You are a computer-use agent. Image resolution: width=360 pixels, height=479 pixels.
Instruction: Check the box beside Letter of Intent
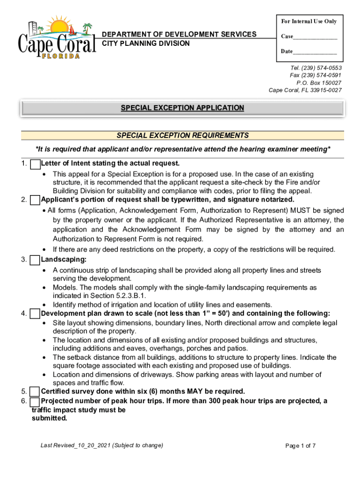click(35, 164)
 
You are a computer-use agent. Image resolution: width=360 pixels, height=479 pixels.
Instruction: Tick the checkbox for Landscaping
click(35, 260)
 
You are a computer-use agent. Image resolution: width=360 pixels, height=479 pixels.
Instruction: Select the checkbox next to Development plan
click(35, 314)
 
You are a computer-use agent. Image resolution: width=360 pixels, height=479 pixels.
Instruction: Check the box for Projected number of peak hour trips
click(35, 402)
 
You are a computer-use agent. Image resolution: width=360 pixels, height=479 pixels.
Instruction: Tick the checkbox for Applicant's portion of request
click(35, 200)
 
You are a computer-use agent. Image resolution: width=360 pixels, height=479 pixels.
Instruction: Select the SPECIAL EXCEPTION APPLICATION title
click(182, 108)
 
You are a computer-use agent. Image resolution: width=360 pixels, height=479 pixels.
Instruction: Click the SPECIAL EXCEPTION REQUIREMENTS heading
click(182, 136)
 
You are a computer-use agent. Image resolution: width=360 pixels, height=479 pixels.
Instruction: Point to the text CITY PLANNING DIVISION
click(146, 44)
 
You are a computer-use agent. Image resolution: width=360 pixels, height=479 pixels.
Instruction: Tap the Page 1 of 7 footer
click(300, 446)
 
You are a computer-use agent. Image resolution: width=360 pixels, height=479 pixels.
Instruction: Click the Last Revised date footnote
click(102, 445)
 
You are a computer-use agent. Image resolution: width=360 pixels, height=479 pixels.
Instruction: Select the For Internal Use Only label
click(309, 22)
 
